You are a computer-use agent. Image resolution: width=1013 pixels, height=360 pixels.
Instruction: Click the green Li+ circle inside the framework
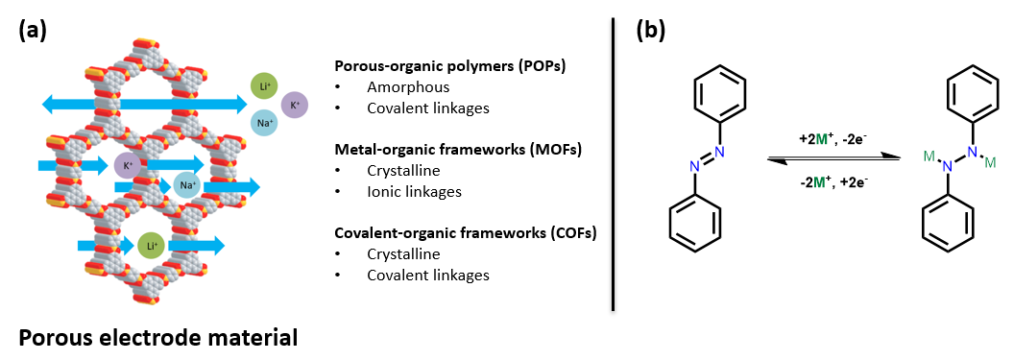click(x=150, y=247)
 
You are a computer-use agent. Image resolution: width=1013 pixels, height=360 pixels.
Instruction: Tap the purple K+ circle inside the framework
click(x=128, y=165)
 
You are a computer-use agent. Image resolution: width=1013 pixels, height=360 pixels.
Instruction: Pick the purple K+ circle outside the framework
click(x=294, y=104)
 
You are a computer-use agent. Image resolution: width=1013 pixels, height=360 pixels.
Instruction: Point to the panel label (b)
click(x=650, y=30)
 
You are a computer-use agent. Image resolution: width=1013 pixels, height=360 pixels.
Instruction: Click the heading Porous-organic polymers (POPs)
click(x=449, y=66)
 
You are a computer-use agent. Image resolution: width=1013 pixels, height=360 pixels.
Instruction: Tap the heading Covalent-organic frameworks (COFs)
click(x=465, y=232)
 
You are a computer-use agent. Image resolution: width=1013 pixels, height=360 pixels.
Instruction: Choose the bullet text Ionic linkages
click(x=414, y=191)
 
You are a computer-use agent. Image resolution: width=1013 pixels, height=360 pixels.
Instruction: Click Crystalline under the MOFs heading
click(x=403, y=170)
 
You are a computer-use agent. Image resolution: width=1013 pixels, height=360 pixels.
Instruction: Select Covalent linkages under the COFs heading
click(x=427, y=275)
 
